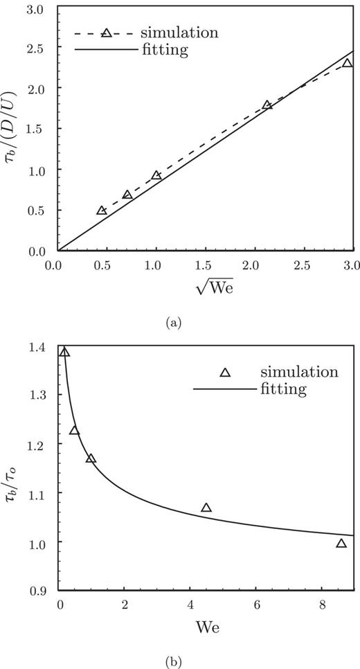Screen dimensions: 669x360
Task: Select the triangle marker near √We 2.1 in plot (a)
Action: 267,105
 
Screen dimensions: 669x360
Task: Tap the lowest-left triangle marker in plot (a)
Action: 102,211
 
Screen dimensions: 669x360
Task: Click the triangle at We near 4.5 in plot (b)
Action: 206,508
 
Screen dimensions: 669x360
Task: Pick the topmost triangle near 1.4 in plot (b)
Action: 65,352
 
